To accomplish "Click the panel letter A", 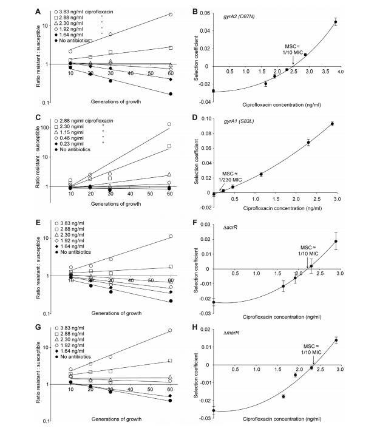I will pyautogui.click(x=38, y=10).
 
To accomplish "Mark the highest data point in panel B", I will pyautogui.click(x=335, y=22).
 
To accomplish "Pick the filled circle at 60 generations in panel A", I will pyautogui.click(x=171, y=94).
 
